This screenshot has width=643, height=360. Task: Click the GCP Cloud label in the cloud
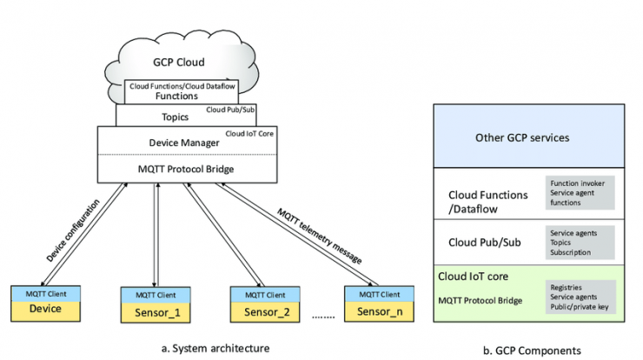tap(179, 63)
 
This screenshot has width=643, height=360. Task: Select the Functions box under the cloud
tap(182, 91)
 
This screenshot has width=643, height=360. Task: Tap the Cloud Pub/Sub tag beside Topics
tap(230, 110)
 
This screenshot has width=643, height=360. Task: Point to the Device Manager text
tap(184, 143)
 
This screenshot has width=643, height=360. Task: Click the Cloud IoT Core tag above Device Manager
tap(249, 134)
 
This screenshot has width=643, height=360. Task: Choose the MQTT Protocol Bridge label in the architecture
tap(186, 169)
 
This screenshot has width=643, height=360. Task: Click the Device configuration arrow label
tap(73, 230)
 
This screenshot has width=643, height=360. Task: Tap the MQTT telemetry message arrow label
tap(320, 236)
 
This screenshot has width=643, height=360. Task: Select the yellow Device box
tap(45, 310)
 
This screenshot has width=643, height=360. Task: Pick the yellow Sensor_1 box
tap(156, 313)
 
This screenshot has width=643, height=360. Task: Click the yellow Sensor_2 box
tap(265, 312)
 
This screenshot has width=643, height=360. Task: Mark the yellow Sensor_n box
tap(380, 311)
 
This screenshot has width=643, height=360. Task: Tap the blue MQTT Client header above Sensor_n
tap(380, 294)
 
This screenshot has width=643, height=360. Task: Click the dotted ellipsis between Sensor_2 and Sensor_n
tap(323, 317)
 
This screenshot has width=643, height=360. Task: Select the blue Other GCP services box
tap(529, 136)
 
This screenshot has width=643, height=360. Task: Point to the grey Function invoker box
tap(580, 193)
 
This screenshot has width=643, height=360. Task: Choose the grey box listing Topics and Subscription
tap(580, 243)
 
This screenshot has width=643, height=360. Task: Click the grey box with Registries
tap(580, 297)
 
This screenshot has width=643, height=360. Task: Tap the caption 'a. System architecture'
tap(215, 349)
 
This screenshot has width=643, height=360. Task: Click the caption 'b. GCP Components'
tap(532, 350)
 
